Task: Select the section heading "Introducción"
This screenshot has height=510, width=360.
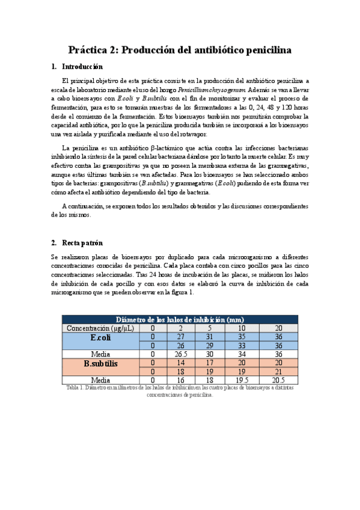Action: coord(83,67)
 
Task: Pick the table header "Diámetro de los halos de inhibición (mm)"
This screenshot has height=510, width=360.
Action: coord(180,319)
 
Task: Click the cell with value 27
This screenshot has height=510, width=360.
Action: coord(180,337)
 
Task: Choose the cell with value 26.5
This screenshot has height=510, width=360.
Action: coord(180,354)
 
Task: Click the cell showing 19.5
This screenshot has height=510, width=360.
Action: coord(243,381)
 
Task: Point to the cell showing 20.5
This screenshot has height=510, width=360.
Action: coord(278,381)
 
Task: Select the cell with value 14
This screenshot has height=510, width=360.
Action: coord(180,363)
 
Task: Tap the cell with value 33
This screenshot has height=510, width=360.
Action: coord(243,346)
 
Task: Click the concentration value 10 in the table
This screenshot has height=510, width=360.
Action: coord(243,328)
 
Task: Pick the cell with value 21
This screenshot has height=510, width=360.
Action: coord(278,372)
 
